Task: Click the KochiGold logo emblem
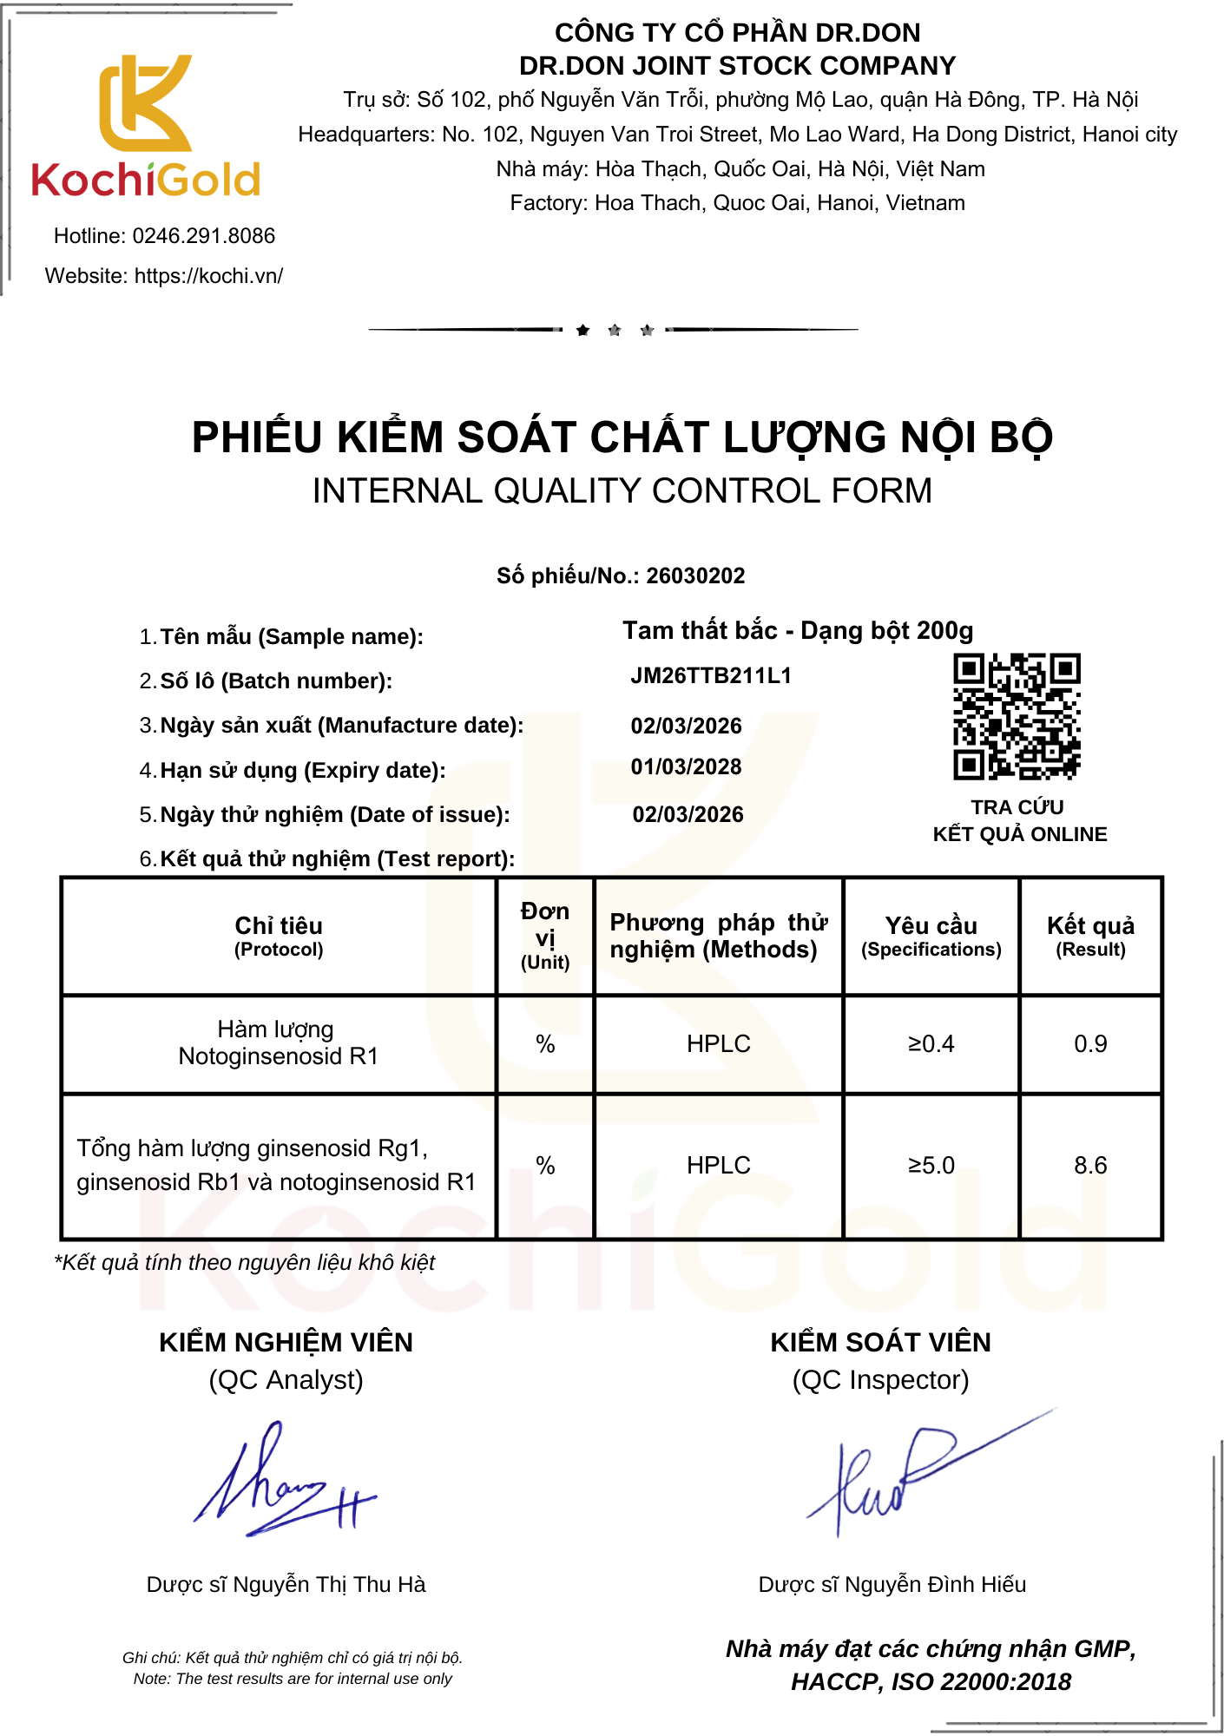(x=145, y=104)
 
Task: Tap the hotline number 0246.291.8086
(x=203, y=236)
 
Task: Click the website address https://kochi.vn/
(x=208, y=276)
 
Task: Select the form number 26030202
(x=695, y=576)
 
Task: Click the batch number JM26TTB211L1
(x=711, y=676)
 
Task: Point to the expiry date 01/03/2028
(x=686, y=767)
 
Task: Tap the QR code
(x=1017, y=716)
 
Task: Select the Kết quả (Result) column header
(x=1090, y=936)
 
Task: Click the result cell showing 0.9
(x=1090, y=1044)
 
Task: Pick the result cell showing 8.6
(x=1090, y=1166)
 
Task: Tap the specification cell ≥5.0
(x=931, y=1166)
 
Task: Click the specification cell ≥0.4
(x=931, y=1044)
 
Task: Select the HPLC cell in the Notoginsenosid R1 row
(x=718, y=1044)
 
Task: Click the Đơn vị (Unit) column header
(x=545, y=936)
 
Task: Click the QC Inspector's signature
(x=903, y=1476)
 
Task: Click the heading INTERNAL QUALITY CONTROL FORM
(x=622, y=491)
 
